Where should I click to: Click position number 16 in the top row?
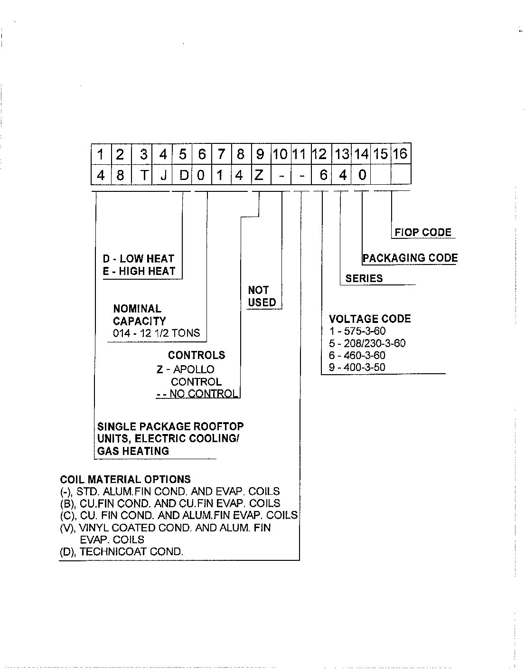(x=401, y=153)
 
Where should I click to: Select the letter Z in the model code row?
(x=259, y=175)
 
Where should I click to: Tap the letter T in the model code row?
(x=144, y=175)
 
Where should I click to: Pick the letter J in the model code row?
(x=164, y=176)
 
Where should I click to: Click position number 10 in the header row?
(x=280, y=154)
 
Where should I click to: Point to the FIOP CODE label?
(x=423, y=232)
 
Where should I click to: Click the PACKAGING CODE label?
(x=410, y=258)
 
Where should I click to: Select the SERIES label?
(x=364, y=278)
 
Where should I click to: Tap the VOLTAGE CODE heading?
(x=370, y=319)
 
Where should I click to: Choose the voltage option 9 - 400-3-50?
(x=357, y=368)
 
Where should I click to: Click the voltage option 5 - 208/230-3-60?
(x=367, y=343)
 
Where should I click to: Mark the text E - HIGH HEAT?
(x=139, y=271)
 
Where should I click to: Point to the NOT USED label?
(x=262, y=296)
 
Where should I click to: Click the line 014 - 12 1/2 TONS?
(x=157, y=333)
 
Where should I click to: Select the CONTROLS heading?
(x=197, y=355)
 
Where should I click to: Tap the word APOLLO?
(x=194, y=369)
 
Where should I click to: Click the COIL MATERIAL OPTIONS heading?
(x=125, y=479)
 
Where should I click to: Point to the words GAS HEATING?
(x=133, y=451)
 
